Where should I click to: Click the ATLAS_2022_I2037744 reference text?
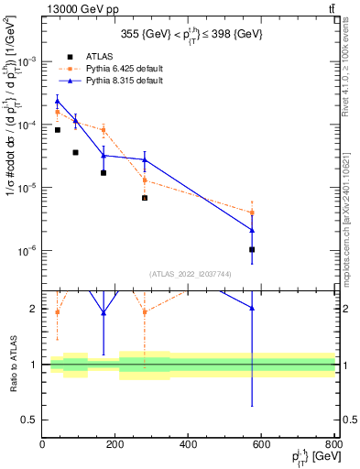[x=189, y=273]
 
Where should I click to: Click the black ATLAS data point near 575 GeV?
[x=252, y=249]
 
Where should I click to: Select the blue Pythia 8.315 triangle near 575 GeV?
[x=252, y=230]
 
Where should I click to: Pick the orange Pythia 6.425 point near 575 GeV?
[x=252, y=213]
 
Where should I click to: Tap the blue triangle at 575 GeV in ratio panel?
[x=252, y=308]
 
